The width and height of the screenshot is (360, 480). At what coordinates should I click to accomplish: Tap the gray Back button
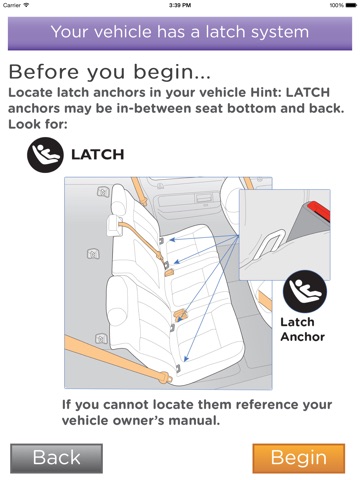[56, 458]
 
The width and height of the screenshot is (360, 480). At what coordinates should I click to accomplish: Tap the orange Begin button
[299, 458]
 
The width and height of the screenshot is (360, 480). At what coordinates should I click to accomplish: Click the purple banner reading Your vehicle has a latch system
[180, 33]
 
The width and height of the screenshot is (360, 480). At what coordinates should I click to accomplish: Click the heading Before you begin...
[110, 72]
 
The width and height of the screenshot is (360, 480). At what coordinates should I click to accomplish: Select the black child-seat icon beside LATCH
[45, 155]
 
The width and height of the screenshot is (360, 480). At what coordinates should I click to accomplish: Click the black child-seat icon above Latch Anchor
[305, 292]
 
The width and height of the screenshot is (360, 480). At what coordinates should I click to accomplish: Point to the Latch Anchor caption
[302, 329]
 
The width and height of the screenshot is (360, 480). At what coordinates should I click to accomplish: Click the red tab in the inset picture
[319, 211]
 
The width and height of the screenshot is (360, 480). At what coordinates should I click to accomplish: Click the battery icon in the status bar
[351, 5]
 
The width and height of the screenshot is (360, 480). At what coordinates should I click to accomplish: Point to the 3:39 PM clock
[180, 5]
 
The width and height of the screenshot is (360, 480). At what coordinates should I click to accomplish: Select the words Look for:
[38, 124]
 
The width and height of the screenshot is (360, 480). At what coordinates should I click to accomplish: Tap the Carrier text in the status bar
[12, 5]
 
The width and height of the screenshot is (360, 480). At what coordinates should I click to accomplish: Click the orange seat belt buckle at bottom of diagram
[165, 377]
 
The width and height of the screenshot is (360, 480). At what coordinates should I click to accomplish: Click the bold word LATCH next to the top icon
[98, 155]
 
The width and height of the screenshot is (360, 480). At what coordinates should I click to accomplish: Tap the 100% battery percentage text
[337, 5]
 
